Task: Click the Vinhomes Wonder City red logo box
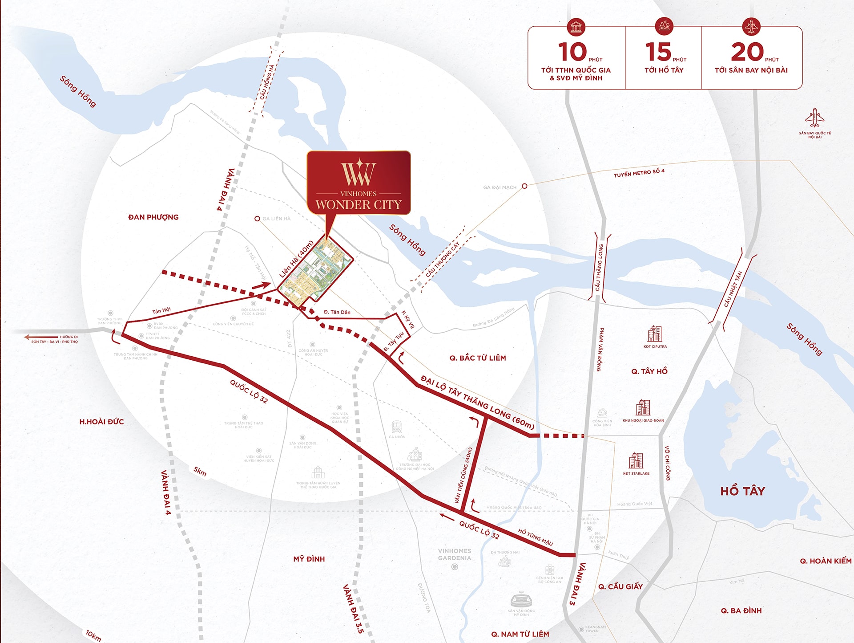pyautogui.click(x=359, y=183)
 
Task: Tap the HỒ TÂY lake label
pyautogui.click(x=742, y=491)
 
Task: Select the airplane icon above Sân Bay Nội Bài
pyautogui.click(x=814, y=118)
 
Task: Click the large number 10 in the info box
pyautogui.click(x=572, y=52)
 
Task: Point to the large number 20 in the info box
pyautogui.click(x=747, y=52)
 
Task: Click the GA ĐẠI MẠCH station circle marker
pyautogui.click(x=524, y=186)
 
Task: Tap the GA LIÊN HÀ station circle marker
pyautogui.click(x=257, y=219)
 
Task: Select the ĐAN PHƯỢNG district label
pyautogui.click(x=153, y=217)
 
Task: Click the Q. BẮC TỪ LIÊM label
pyautogui.click(x=478, y=358)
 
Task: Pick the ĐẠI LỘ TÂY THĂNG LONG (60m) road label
pyautogui.click(x=477, y=403)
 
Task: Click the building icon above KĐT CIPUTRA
pyautogui.click(x=655, y=334)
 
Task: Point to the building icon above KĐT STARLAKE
pyautogui.click(x=636, y=460)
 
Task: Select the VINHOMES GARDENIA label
pyautogui.click(x=454, y=554)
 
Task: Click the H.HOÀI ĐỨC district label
pyautogui.click(x=101, y=422)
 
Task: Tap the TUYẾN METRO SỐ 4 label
pyautogui.click(x=639, y=173)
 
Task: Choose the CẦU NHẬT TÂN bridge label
pyautogui.click(x=733, y=289)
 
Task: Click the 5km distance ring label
pyautogui.click(x=200, y=471)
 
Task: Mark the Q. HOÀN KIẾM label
pyautogui.click(x=826, y=561)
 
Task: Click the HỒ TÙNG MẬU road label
pyautogui.click(x=536, y=537)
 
